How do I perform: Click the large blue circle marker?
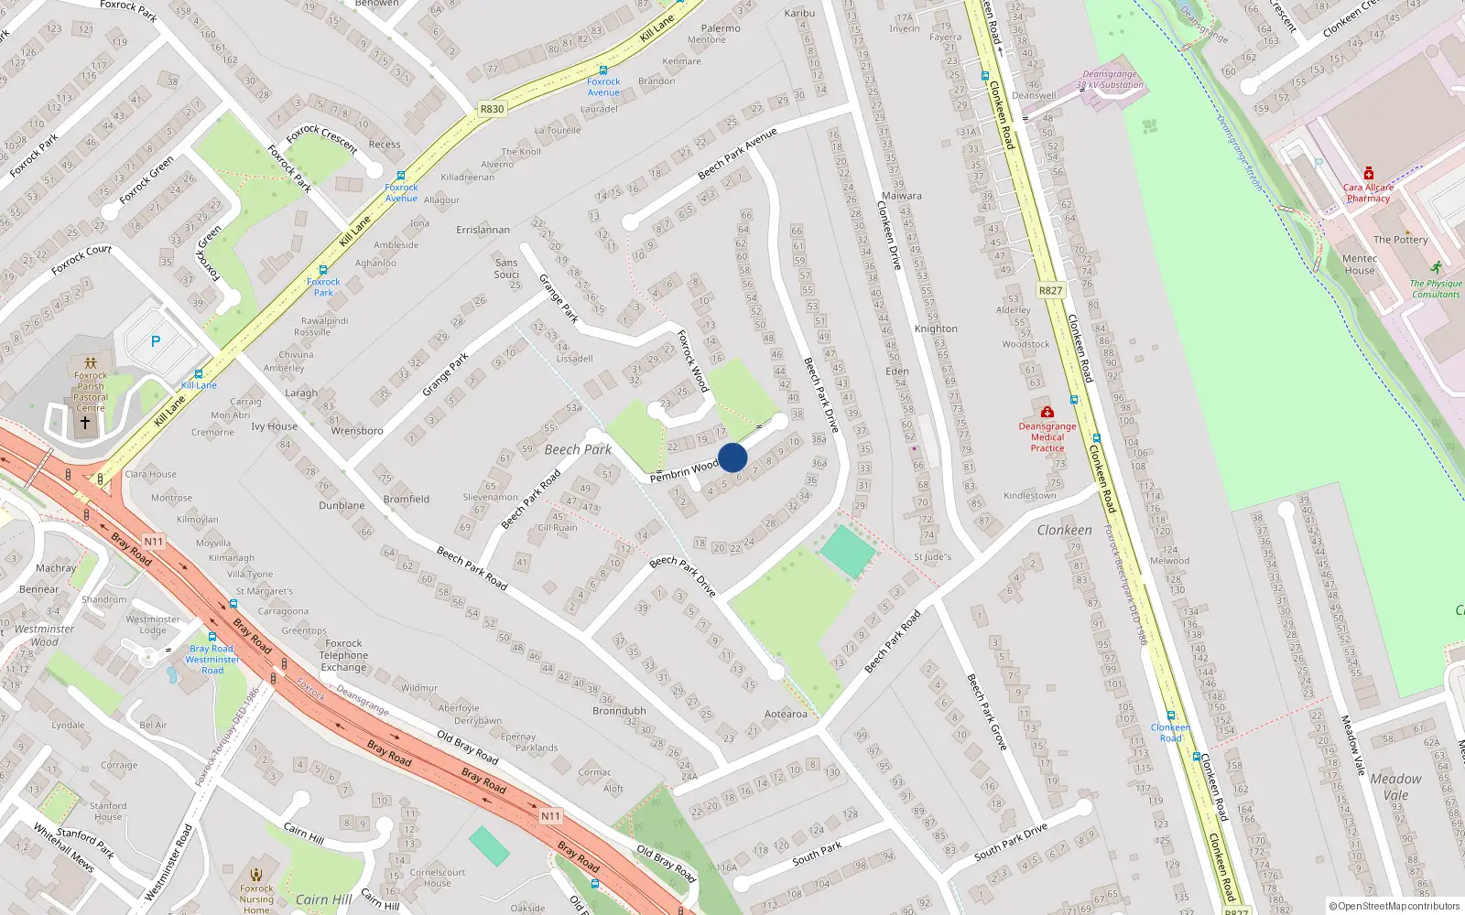[732, 457]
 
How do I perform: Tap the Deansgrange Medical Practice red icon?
[1047, 412]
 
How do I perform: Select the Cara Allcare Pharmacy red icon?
[1369, 173]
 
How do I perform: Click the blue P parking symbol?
[156, 341]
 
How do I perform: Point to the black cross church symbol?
[85, 423]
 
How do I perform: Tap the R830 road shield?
[492, 109]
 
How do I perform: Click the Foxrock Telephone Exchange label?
[343, 655]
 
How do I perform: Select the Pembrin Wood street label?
[684, 472]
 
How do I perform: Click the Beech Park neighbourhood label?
[578, 449]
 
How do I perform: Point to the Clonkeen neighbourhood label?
[1064, 530]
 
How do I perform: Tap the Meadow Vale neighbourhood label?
[1395, 787]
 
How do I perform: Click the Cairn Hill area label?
[323, 899]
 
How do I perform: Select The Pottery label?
[1400, 240]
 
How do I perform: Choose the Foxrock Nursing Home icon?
[256, 873]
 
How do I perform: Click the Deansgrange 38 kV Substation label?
[1110, 80]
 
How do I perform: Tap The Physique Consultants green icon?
[1436, 268]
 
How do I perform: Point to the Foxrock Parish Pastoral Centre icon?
[90, 363]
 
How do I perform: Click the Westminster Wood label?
[44, 635]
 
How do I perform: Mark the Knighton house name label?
[936, 328]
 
